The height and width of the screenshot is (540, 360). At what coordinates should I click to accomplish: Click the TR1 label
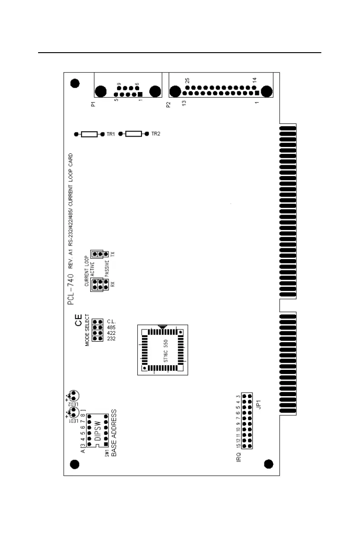point(111,134)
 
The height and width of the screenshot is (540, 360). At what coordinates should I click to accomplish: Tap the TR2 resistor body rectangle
point(133,134)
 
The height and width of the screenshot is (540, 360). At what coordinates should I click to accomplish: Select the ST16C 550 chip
point(162,349)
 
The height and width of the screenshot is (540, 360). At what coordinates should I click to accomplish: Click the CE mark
point(78,324)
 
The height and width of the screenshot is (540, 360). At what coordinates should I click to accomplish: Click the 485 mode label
point(112,327)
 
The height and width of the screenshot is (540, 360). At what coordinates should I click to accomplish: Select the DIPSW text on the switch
point(97,428)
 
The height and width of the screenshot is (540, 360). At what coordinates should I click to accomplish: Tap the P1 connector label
point(93,104)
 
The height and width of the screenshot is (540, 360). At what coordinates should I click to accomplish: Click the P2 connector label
point(168,104)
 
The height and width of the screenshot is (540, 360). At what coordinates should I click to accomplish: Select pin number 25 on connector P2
point(186,80)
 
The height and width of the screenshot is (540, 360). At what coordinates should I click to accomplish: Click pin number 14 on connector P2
point(254,80)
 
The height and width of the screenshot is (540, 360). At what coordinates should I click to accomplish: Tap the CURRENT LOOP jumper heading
point(87,271)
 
